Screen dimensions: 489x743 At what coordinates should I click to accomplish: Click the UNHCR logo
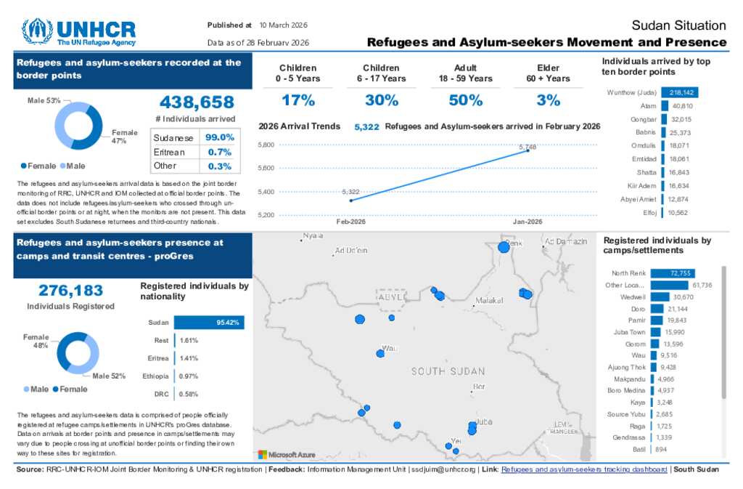(x=78, y=32)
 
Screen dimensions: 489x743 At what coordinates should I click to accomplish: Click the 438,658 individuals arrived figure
(x=196, y=102)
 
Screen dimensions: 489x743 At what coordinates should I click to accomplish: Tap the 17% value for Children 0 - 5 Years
(x=298, y=100)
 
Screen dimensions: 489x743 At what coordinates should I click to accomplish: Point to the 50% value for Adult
(x=465, y=100)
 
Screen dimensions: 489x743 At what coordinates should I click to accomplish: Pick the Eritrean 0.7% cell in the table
(x=219, y=152)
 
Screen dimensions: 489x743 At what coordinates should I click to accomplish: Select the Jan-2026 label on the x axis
(x=528, y=222)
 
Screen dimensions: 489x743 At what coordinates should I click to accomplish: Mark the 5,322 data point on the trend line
(x=351, y=200)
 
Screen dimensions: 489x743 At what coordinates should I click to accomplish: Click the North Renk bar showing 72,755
(x=672, y=273)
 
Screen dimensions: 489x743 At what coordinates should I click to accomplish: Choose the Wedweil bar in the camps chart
(x=660, y=296)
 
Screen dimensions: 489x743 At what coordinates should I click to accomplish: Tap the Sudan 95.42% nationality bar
(x=209, y=323)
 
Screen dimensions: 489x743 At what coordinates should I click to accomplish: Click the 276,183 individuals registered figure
(x=70, y=291)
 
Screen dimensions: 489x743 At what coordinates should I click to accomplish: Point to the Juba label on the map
(x=485, y=421)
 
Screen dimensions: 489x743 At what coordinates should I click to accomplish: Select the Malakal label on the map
(x=488, y=300)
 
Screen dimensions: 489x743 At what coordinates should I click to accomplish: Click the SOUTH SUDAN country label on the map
(x=448, y=371)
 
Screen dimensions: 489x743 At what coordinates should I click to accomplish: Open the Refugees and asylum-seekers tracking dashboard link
(x=584, y=469)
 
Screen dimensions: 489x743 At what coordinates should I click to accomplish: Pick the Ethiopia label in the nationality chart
(x=156, y=376)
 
